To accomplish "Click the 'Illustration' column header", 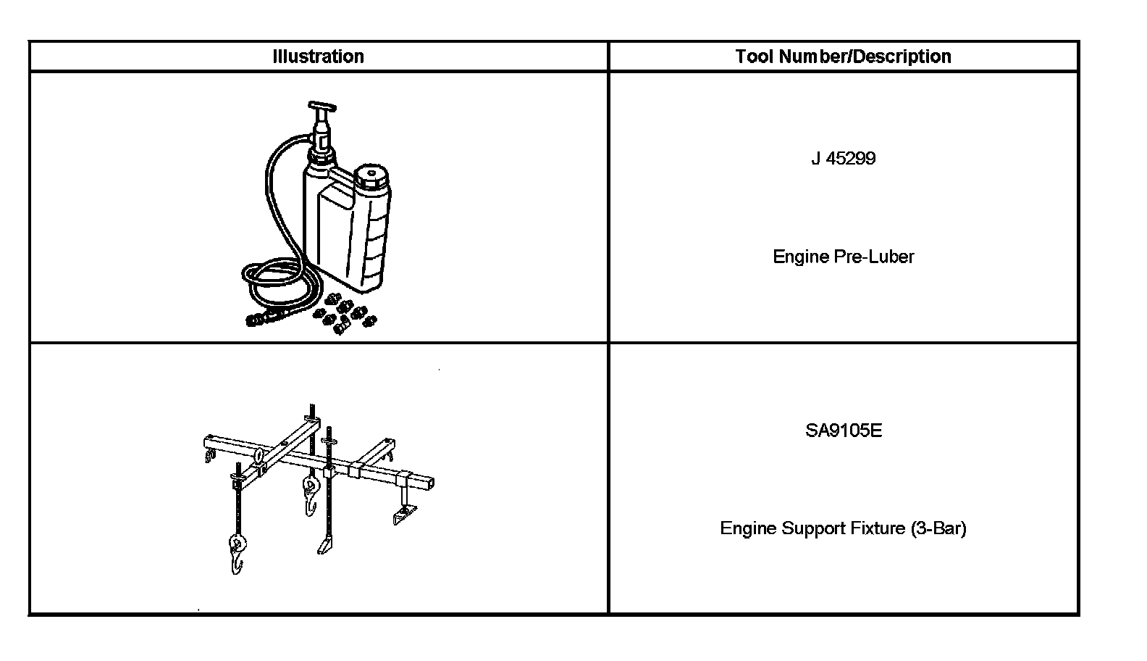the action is pos(318,57).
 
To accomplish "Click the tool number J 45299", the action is pos(843,159).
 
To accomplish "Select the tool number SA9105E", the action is pos(844,431).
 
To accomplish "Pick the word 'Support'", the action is pos(812,528).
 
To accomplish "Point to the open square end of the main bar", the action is pos(428,481).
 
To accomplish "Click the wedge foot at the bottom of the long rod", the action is pos(324,544).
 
